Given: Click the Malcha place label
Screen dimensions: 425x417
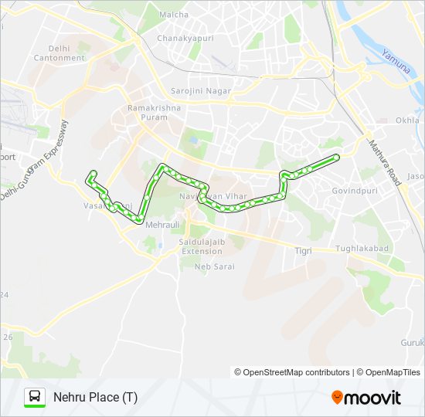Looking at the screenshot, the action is pos(173,15).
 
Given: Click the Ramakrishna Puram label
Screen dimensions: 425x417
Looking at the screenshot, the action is pos(155,113).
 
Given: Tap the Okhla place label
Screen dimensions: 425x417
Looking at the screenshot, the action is pos(407,120).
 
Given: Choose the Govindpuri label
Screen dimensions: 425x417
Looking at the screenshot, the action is pos(352,189).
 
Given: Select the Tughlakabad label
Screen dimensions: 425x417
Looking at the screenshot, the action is pos(362,249).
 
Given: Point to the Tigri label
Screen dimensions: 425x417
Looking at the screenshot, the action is pos(303,251).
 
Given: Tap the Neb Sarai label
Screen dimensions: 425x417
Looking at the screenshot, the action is pos(214,266).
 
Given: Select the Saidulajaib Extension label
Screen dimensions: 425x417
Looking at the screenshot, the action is pos(201,246).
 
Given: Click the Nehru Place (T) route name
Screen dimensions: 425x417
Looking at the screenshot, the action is pos(96,398).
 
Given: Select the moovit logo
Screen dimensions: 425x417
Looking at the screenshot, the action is pos(366,398).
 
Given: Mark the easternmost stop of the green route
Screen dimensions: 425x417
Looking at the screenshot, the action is pos(337,158).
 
